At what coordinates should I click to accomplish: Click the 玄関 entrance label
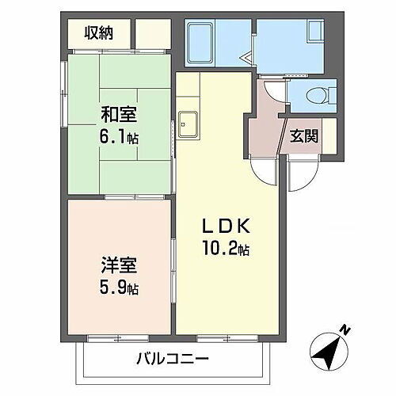(x=305, y=135)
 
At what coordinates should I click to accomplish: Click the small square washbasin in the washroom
(x=314, y=35)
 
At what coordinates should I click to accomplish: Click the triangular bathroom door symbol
(x=246, y=57)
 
